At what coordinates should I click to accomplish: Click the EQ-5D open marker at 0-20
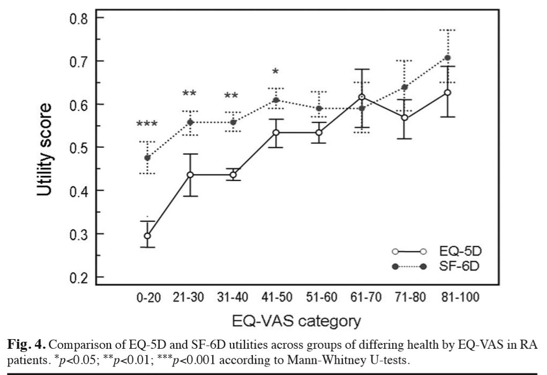147,236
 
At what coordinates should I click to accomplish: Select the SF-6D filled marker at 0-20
147,157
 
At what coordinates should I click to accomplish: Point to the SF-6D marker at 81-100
447,58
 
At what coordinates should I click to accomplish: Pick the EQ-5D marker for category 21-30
190,175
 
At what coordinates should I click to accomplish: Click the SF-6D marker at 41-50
276,100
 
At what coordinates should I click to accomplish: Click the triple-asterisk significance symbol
147,125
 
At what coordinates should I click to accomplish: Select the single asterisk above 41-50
275,72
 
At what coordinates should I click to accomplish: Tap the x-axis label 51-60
319,298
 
